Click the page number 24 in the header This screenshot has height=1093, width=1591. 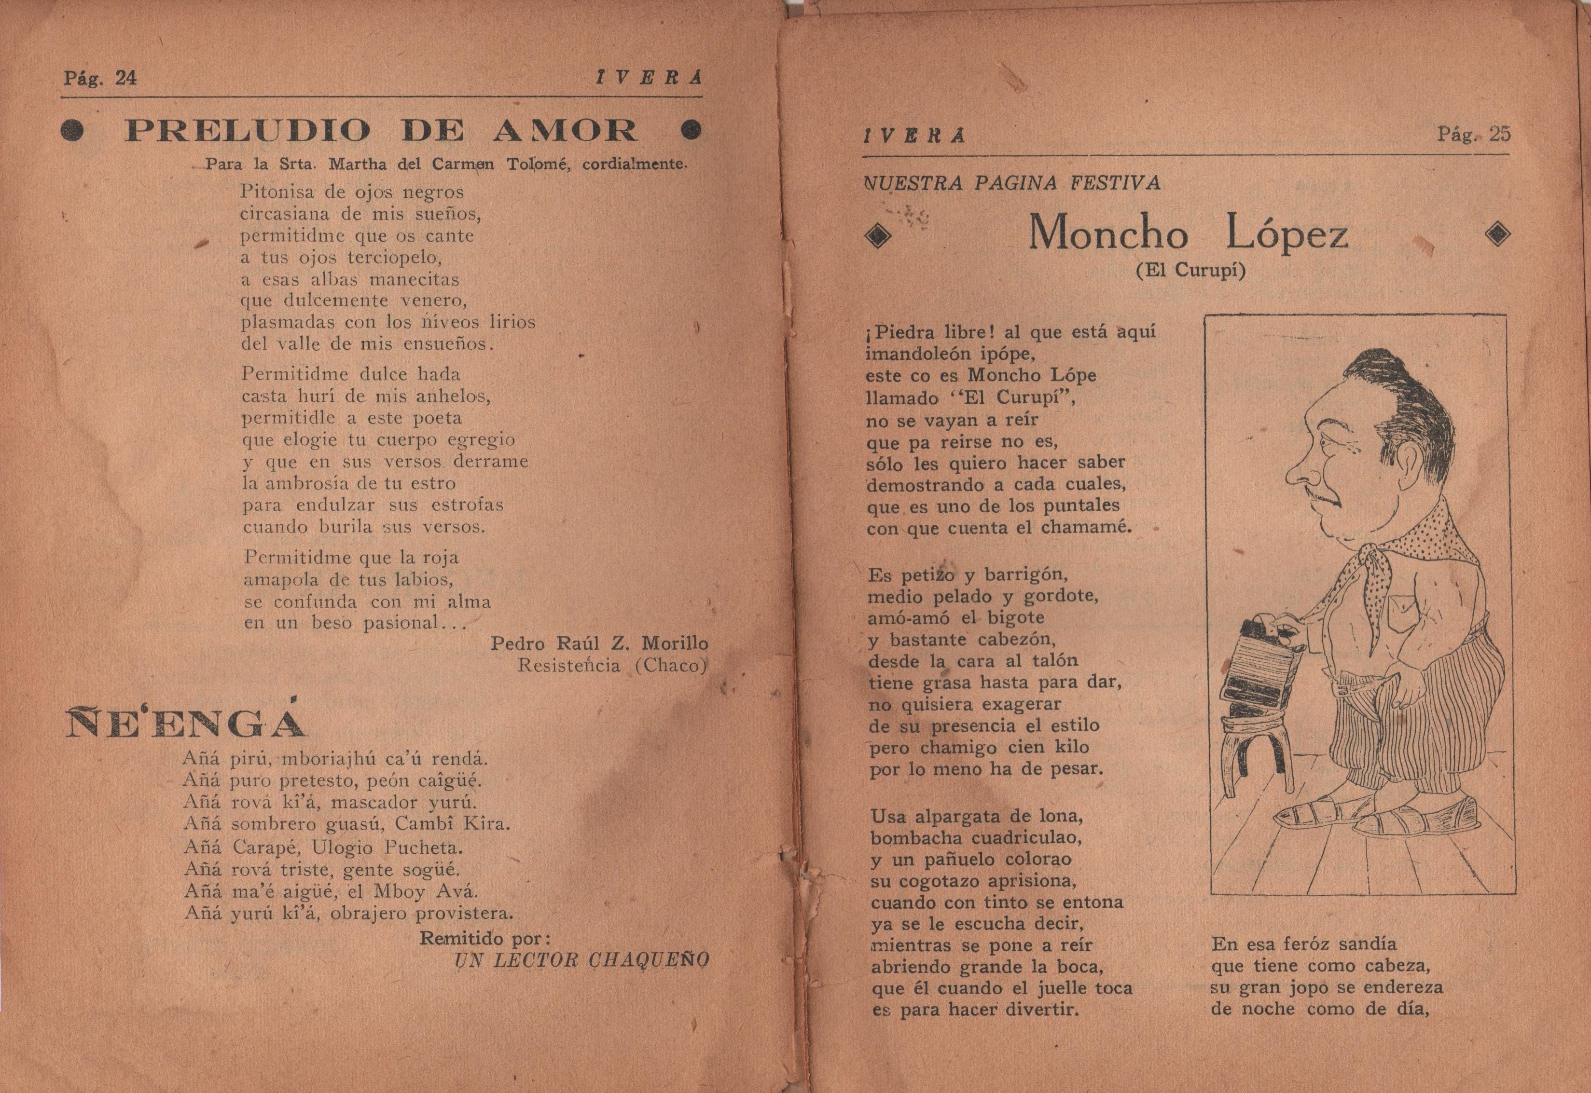125,78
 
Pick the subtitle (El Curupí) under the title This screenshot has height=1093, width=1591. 1190,271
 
